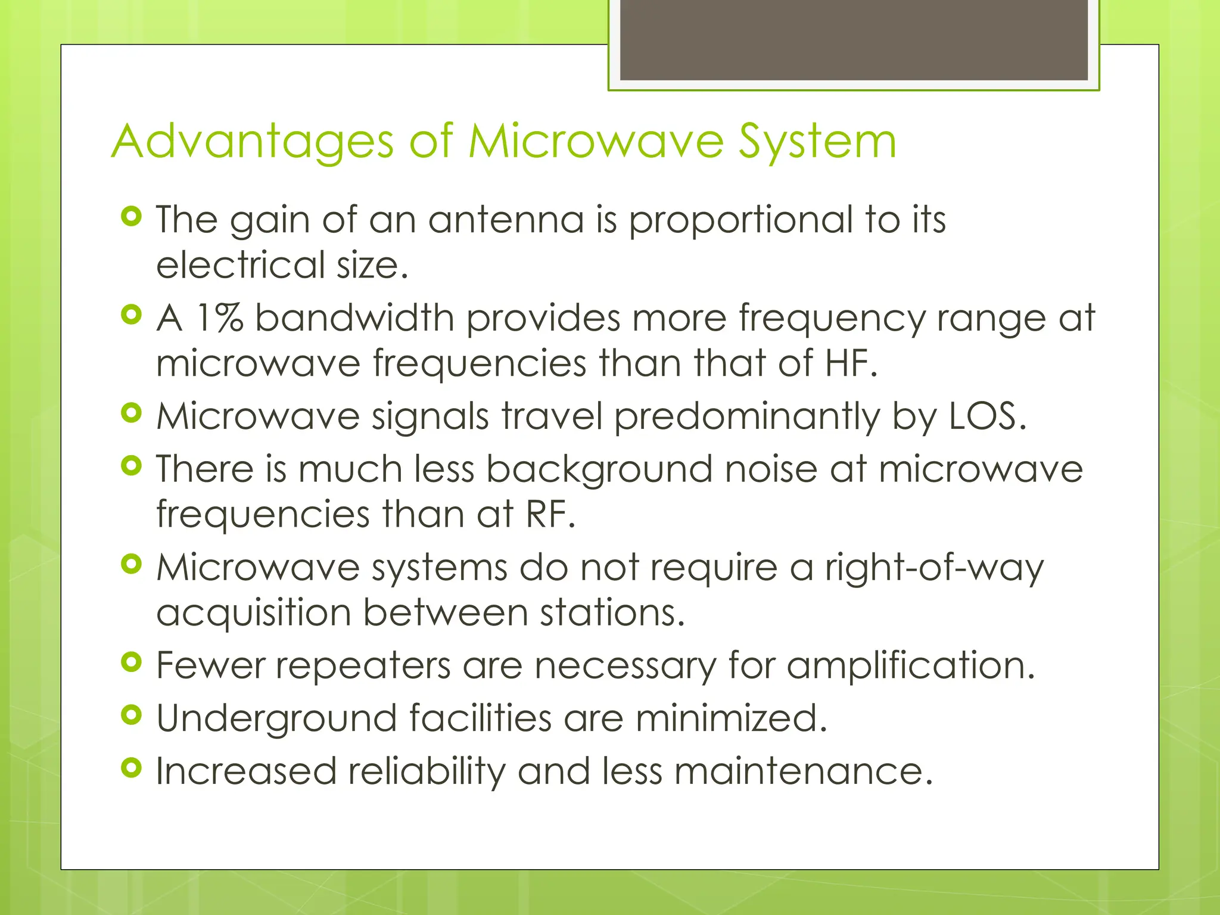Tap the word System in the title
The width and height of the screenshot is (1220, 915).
pyautogui.click(x=817, y=143)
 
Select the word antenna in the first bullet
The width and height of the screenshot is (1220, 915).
pyautogui.click(x=506, y=220)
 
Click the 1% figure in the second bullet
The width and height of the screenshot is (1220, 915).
pyautogui.click(x=219, y=318)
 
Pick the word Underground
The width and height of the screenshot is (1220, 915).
pyautogui.click(x=276, y=718)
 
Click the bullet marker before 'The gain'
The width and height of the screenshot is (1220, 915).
pyautogui.click(x=131, y=216)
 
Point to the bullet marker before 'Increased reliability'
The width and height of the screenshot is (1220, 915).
pyautogui.click(x=131, y=768)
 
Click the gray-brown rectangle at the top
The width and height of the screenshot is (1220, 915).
pyautogui.click(x=854, y=40)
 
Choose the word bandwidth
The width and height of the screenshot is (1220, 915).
pyautogui.click(x=354, y=318)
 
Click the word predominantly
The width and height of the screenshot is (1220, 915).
pyautogui.click(x=747, y=417)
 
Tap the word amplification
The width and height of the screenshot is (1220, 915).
pyautogui.click(x=911, y=665)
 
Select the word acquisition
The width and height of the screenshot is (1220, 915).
pyautogui.click(x=253, y=613)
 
